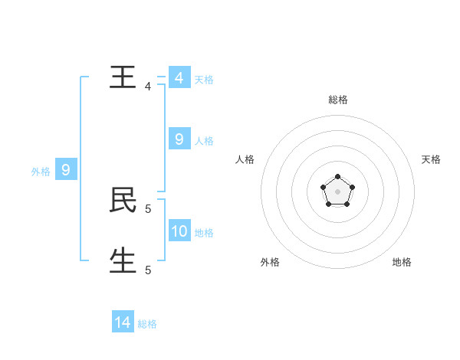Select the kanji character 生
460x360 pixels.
coord(123,260)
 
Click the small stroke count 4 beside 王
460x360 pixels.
coord(148,87)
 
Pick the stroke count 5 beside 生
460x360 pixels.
coord(148,270)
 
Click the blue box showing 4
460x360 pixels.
coord(179,77)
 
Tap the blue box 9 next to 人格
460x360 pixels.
coord(179,139)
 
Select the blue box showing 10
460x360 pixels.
coord(179,231)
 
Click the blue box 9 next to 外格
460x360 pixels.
coord(66,169)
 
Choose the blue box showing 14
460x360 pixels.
coord(123,322)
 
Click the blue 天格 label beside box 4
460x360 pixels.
coord(204,80)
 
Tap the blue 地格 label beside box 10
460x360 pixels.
coord(204,233)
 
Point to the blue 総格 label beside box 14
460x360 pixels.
coord(147,325)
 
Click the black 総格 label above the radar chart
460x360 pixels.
coord(338,100)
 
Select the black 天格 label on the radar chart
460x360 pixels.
coord(431,159)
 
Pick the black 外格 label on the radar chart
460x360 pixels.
coord(270,262)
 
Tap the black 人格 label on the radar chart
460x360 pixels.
coord(245,159)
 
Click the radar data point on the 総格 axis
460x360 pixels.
coord(337,177)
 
